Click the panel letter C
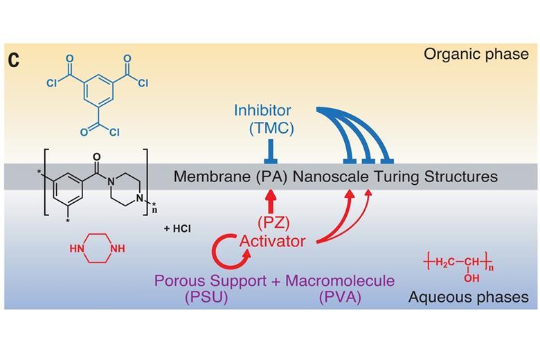14,60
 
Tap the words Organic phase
476,54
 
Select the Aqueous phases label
468,297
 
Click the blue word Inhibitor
262,110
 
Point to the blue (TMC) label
271,128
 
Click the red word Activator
272,241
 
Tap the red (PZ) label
272,223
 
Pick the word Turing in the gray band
396,177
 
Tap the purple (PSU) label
206,298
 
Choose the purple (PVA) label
340,298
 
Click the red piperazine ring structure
98,249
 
